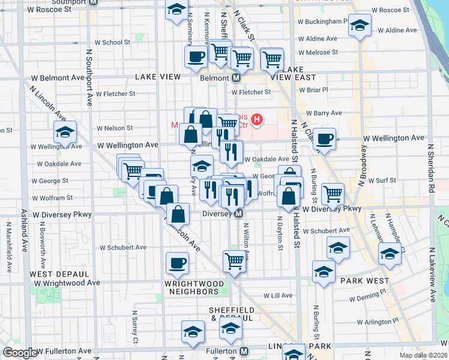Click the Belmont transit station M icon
click(237, 78)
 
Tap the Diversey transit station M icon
click(239, 214)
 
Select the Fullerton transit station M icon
click(244, 351)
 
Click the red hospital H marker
click(257, 120)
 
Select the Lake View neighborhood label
click(158, 77)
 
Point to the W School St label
click(112, 43)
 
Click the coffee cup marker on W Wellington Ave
click(325, 139)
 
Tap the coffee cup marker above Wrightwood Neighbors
click(177, 263)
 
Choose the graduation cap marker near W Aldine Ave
click(360, 26)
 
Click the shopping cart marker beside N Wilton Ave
click(234, 260)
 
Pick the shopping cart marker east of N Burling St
click(333, 193)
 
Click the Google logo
click(19, 353)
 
